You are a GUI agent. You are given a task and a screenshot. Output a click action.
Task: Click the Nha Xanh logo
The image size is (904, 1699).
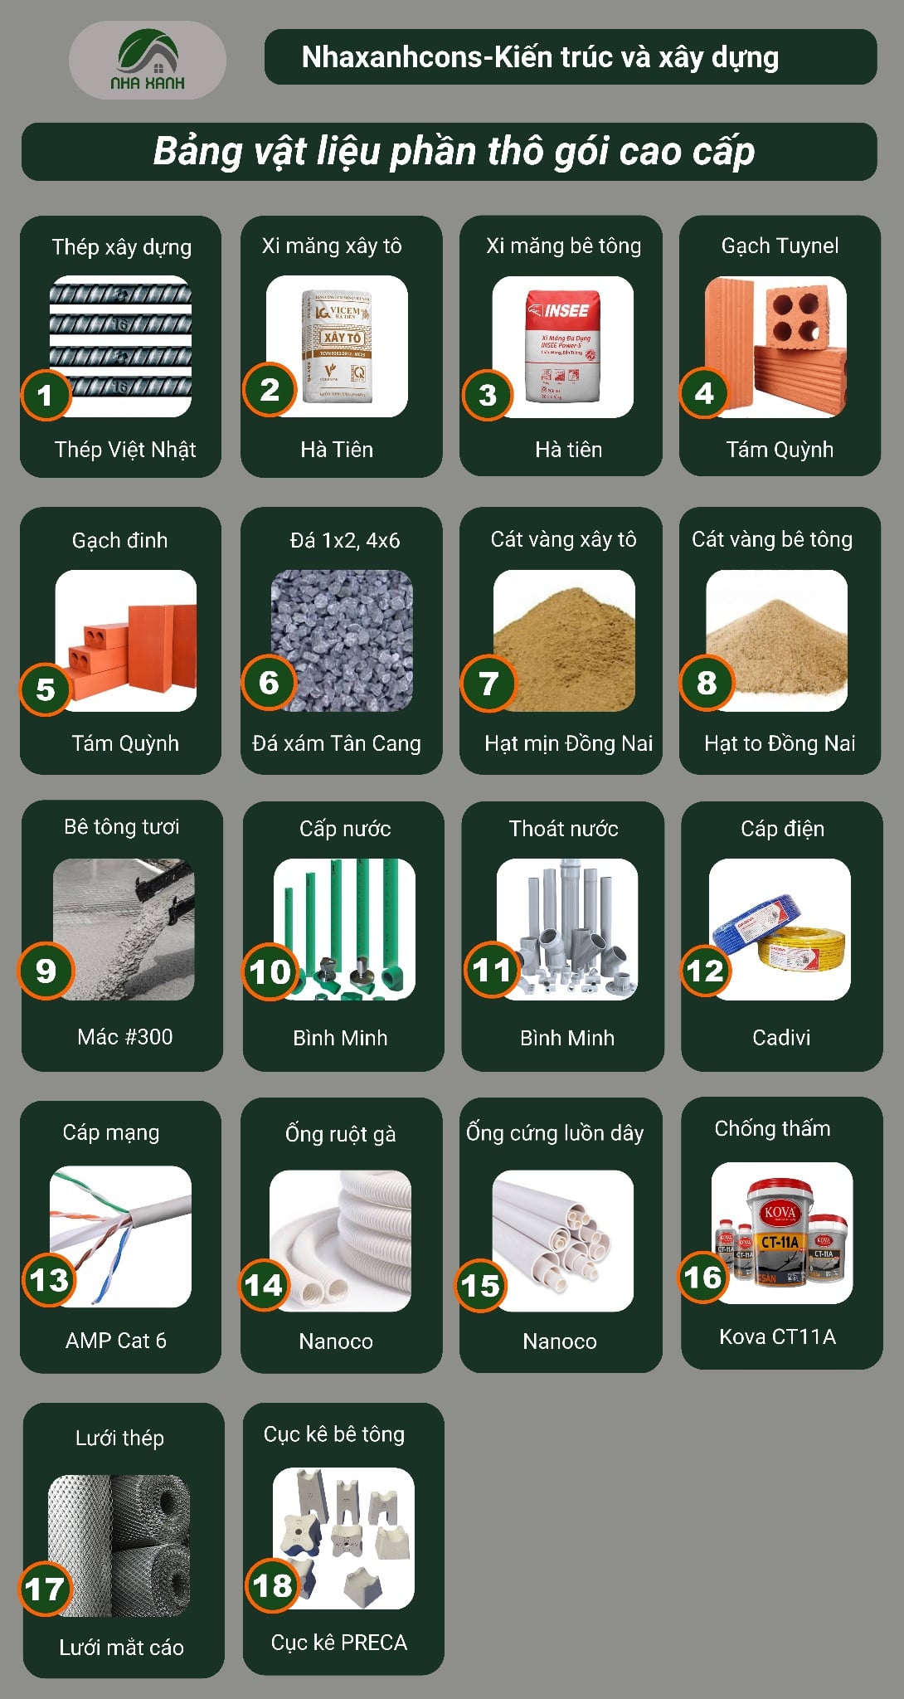point(148,60)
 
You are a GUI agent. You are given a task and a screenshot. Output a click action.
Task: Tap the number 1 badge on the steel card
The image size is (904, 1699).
point(46,395)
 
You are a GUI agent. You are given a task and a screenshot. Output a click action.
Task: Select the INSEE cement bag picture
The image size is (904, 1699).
point(563,347)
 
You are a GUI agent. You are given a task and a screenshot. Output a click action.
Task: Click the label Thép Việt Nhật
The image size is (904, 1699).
point(124,450)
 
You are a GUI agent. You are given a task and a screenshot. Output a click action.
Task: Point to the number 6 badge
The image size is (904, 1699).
point(269,683)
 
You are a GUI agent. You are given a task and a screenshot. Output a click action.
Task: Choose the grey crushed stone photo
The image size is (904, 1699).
point(342,640)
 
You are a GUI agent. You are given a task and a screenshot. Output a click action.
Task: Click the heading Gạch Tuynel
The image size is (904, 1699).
point(780,246)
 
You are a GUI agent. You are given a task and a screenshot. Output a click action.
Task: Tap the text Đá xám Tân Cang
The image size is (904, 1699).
point(337,743)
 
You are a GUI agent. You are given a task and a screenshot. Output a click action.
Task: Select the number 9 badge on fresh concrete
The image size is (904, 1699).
point(46,971)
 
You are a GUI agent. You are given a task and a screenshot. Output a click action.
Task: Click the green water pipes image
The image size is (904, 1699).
point(344,928)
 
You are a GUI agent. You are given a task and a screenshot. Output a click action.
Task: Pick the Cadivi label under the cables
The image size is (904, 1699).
point(781,1037)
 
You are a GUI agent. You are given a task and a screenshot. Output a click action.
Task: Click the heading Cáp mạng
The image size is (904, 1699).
point(111,1132)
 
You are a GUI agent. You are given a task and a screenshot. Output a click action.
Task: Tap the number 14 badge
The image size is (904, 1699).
point(263,1285)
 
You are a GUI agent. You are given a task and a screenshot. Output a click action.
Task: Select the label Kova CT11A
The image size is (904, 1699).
point(777,1336)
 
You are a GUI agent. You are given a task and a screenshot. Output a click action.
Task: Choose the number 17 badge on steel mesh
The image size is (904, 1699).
point(45,1589)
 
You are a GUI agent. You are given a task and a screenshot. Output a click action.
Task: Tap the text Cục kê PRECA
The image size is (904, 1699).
point(339,1643)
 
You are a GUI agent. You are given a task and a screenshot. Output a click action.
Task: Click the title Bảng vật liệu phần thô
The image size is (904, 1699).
point(454,152)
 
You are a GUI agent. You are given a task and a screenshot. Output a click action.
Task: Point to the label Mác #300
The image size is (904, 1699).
point(124,1037)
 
